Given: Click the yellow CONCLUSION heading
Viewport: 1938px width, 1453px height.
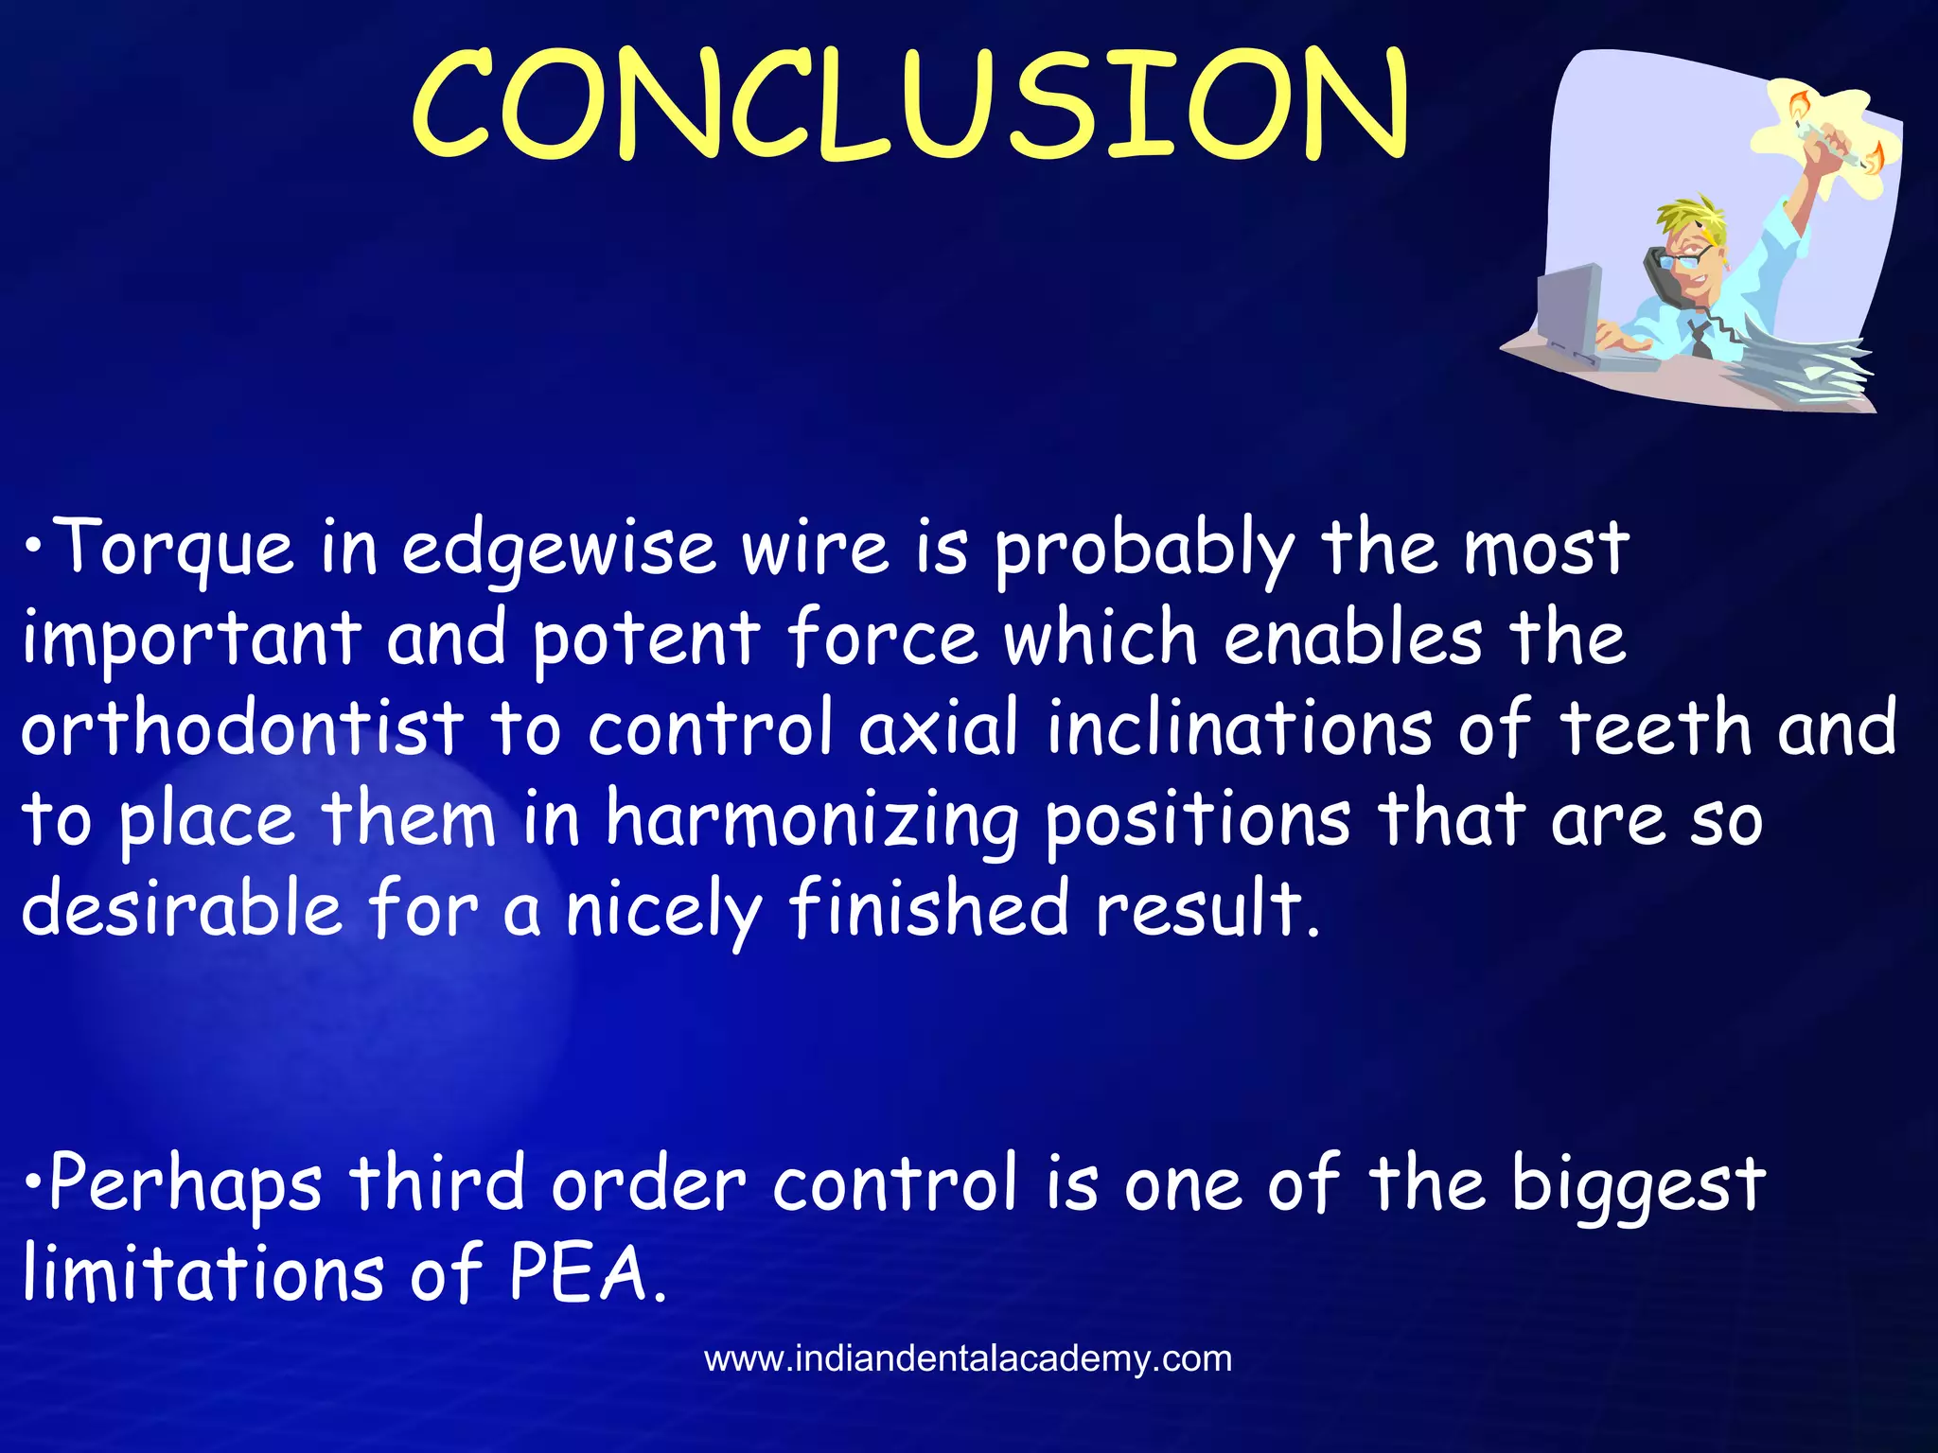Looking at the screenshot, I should (x=910, y=104).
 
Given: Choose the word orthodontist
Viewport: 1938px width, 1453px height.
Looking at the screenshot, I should (x=242, y=728).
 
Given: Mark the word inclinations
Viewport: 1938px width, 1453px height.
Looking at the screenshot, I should (x=1239, y=728).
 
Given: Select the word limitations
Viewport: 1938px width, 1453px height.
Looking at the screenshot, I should (x=203, y=1272).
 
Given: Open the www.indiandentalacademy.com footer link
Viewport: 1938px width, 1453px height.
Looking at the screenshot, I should (x=968, y=1359).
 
